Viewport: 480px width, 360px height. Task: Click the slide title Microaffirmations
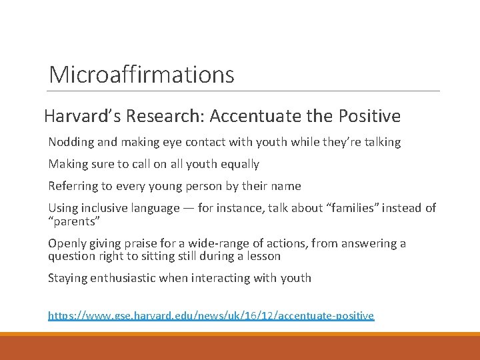click(x=141, y=74)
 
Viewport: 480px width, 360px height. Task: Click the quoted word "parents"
click(x=73, y=221)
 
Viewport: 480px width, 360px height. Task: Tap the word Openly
click(x=66, y=243)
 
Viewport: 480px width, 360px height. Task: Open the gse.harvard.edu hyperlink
click(x=211, y=315)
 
